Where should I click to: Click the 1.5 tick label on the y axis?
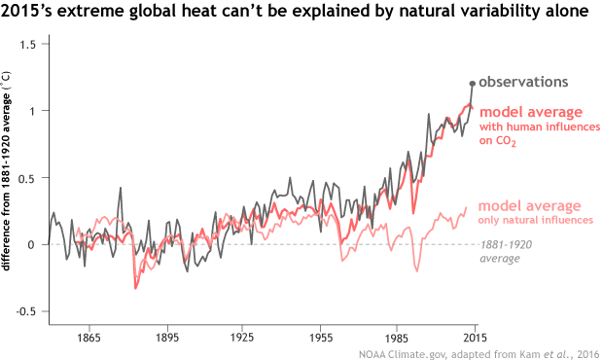click(30, 46)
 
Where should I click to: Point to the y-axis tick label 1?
click(35, 112)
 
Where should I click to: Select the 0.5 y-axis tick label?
click(30, 178)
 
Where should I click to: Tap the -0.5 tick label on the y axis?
click(28, 311)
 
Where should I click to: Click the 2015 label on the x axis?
click(473, 338)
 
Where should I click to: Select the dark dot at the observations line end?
click(473, 84)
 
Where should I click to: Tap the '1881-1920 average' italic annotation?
click(507, 252)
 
